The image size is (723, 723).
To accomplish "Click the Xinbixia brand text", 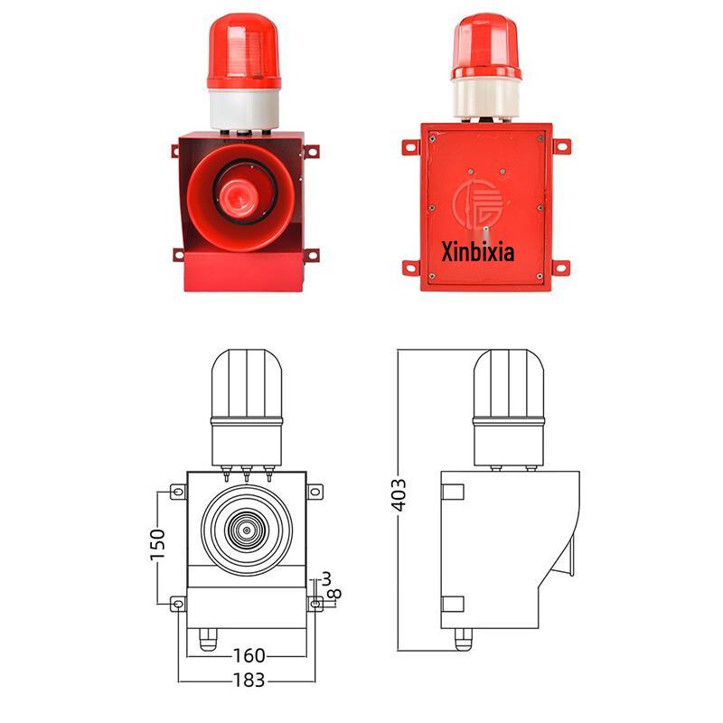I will click(477, 250).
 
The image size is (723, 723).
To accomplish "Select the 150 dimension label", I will click(158, 545).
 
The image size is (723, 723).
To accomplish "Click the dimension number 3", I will click(326, 578).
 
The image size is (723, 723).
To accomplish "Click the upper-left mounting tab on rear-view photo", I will click(411, 146).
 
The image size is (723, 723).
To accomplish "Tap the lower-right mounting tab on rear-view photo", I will click(560, 268).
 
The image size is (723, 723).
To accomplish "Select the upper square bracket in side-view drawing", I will click(452, 492).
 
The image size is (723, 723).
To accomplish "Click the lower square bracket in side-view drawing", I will click(452, 604).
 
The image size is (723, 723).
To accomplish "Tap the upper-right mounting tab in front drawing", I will click(315, 492).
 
